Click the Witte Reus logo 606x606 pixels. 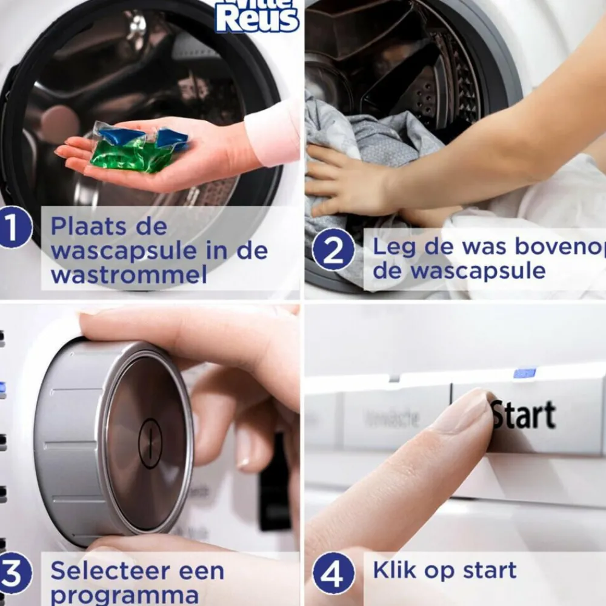pyautogui.click(x=258, y=16)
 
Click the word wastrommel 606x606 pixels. pyautogui.click(x=128, y=275)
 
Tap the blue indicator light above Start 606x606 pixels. pyautogui.click(x=524, y=373)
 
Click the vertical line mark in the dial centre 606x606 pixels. pyautogui.click(x=150, y=444)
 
